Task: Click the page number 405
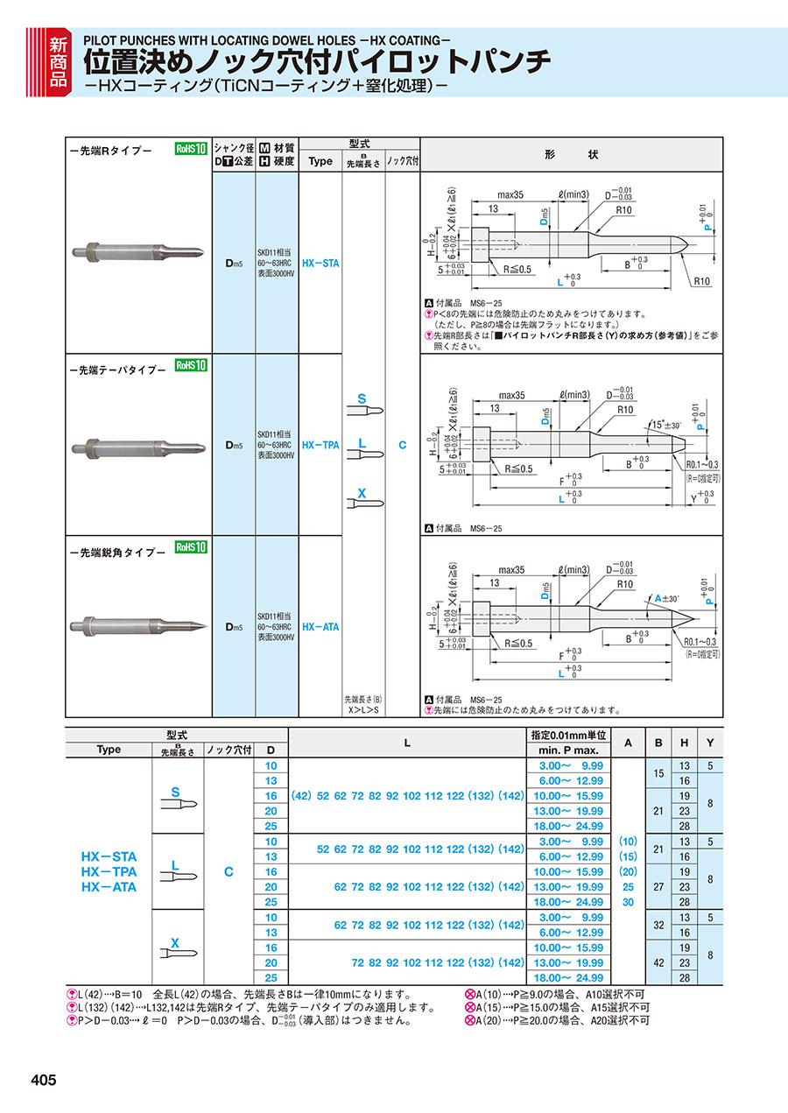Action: tap(43, 1080)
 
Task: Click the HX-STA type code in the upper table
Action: tap(320, 262)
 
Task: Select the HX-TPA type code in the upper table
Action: tap(320, 445)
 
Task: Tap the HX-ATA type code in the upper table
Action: tap(320, 627)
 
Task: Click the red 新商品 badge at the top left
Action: tap(58, 60)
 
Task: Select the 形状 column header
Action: tap(571, 154)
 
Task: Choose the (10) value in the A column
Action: tap(627, 842)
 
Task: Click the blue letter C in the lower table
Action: tap(229, 871)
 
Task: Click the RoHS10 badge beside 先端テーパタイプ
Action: tap(190, 365)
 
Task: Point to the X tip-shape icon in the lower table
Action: tap(176, 947)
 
